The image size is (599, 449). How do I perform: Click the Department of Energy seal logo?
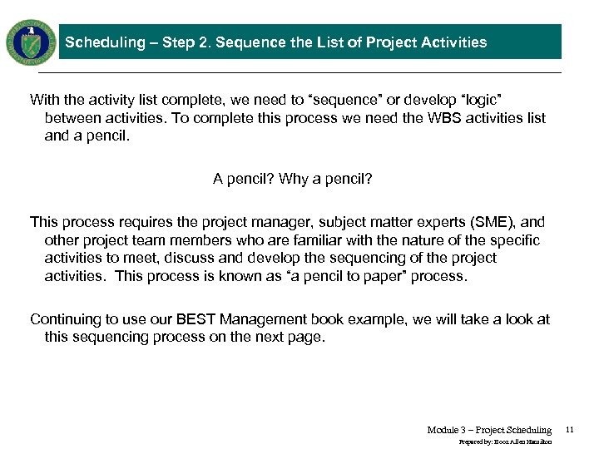point(31,42)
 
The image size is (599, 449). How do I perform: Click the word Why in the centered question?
point(295,179)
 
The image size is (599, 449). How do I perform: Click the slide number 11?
point(570,430)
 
